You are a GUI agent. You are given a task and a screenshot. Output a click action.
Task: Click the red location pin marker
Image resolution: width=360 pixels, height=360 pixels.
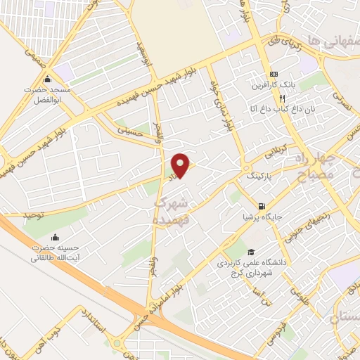[x=181, y=166]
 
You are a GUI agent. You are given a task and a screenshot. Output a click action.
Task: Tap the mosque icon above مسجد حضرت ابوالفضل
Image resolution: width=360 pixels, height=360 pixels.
[x=48, y=79]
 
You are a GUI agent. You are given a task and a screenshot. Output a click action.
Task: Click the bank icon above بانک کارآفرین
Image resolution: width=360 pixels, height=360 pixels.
[x=273, y=75]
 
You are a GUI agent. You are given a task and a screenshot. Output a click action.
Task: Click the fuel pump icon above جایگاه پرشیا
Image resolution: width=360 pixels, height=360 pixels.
[x=262, y=207]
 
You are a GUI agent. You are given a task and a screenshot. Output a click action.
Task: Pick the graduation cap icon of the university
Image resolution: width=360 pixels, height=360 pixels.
[x=250, y=252]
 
